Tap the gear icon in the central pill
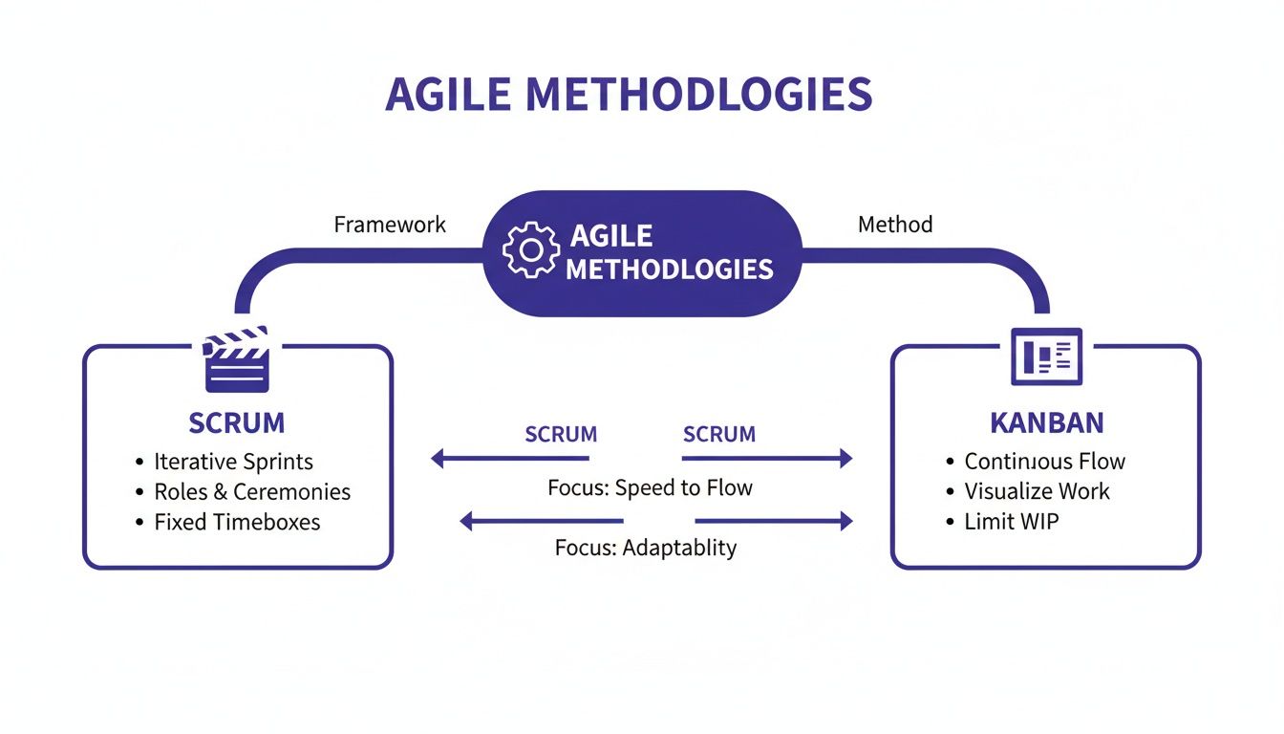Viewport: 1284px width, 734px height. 530,251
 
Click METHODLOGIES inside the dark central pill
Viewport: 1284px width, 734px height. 669,270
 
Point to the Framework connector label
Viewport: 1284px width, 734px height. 390,225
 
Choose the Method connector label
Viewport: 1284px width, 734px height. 895,225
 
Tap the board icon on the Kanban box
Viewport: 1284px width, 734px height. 1046,356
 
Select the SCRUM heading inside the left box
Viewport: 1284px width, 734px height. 237,422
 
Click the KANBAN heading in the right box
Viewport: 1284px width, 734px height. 1047,422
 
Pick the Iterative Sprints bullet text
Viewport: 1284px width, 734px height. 233,462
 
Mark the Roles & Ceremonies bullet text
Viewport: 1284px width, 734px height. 252,492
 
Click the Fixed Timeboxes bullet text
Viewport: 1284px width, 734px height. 237,522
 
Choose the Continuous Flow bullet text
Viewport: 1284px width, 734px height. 1044,462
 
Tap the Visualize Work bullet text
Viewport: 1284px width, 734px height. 1037,492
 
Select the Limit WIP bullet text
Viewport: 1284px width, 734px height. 1012,522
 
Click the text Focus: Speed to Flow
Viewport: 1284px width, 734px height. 650,488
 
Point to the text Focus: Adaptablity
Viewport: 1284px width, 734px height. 646,549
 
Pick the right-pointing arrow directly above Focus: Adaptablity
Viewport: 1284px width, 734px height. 773,521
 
